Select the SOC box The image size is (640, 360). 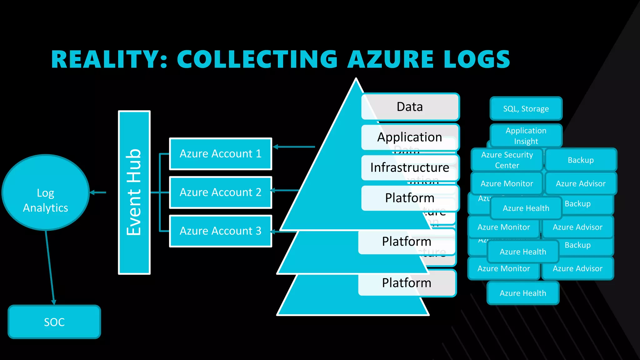tap(54, 322)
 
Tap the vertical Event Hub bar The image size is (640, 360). tap(134, 192)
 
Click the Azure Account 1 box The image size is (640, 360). tap(220, 154)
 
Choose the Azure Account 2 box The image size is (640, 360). tap(220, 192)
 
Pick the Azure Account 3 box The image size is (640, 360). tap(220, 231)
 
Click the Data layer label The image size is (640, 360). tap(410, 107)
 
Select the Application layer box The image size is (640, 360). tap(410, 137)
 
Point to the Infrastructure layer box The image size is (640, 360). tap(410, 167)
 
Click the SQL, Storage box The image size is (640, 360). tap(526, 109)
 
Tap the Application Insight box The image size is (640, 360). tap(526, 136)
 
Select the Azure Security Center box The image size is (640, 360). tap(507, 160)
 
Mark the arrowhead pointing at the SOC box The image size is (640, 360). tap(53, 302)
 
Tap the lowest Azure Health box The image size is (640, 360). tap(523, 293)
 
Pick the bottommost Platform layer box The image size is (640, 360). tap(407, 283)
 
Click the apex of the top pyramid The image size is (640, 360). tap(356, 80)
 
